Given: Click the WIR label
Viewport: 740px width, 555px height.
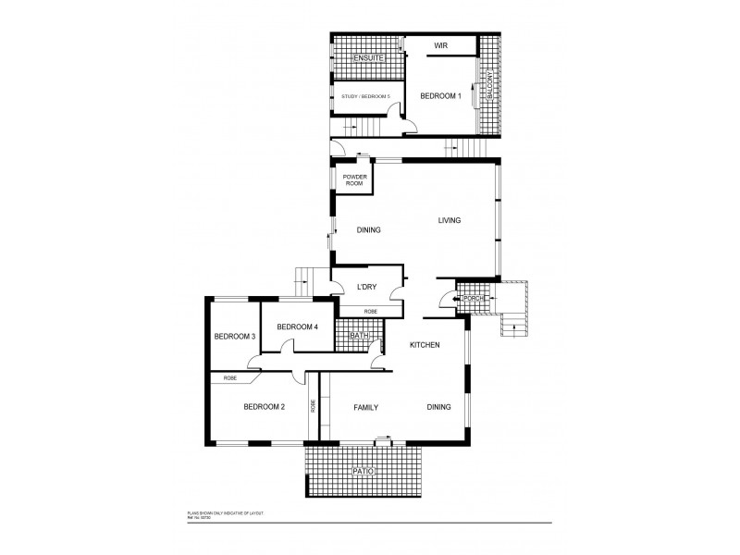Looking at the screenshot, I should pos(441,44).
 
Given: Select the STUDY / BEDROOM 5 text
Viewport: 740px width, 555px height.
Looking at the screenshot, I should pos(365,96).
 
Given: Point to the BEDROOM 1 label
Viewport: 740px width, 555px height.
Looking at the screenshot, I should pos(440,96).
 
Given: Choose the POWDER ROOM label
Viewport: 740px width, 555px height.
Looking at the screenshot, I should pos(355,179).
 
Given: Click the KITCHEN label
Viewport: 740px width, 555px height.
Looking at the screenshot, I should pos(425,345).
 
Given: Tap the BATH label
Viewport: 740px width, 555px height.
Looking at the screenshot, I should pos(346,336).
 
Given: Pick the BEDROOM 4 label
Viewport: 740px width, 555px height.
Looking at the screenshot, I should pos(297,326).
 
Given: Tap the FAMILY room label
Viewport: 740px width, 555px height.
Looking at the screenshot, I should pos(368,407).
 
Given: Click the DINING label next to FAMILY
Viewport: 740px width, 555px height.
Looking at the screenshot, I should pos(439,407).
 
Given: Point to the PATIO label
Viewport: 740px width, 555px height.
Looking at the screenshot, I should pos(364,472).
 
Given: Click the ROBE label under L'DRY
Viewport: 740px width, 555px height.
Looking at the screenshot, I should pos(370,311).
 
